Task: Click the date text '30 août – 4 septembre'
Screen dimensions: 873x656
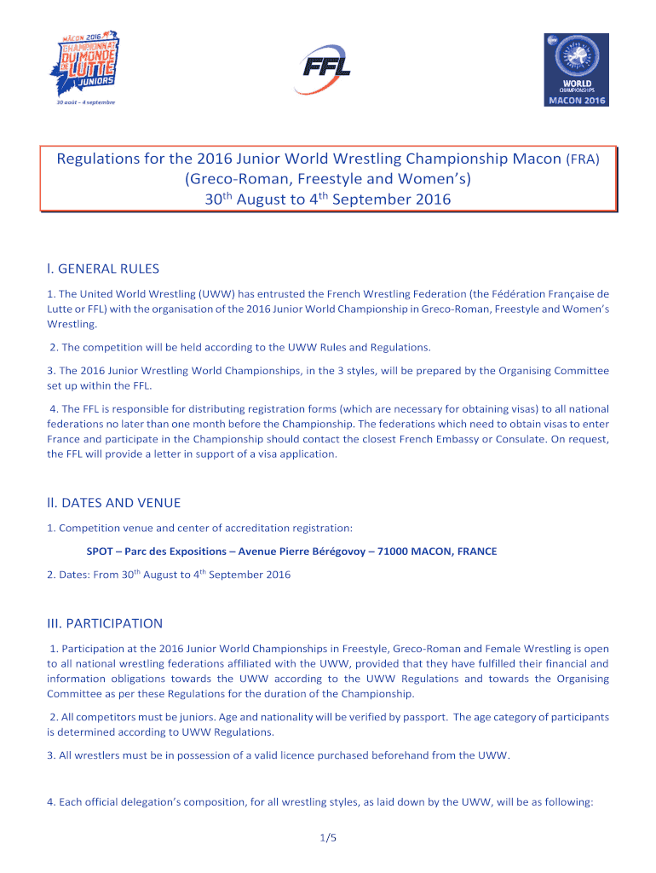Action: [x=81, y=102]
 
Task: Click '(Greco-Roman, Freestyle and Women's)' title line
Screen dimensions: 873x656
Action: [x=328, y=179]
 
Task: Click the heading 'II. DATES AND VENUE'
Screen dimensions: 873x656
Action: [x=113, y=503]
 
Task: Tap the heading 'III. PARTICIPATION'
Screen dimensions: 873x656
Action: [x=105, y=623]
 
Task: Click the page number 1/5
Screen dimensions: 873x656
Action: [x=328, y=838]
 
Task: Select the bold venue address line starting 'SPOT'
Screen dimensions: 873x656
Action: [x=291, y=552]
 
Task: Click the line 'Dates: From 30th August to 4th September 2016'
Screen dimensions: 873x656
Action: [x=169, y=575]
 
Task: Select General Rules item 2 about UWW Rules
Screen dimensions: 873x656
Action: [x=240, y=347]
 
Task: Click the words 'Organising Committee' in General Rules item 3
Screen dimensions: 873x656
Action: [x=556, y=370]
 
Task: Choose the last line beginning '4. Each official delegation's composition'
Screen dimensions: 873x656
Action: [x=327, y=802]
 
